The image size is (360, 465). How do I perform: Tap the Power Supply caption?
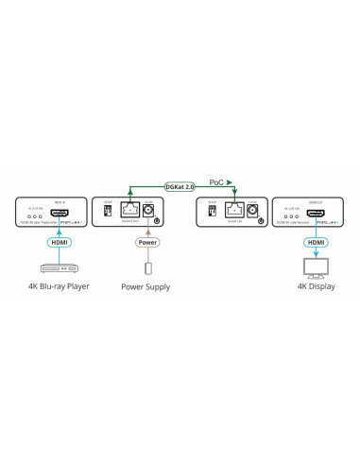tap(146, 284)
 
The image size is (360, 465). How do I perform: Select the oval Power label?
tap(148, 241)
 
